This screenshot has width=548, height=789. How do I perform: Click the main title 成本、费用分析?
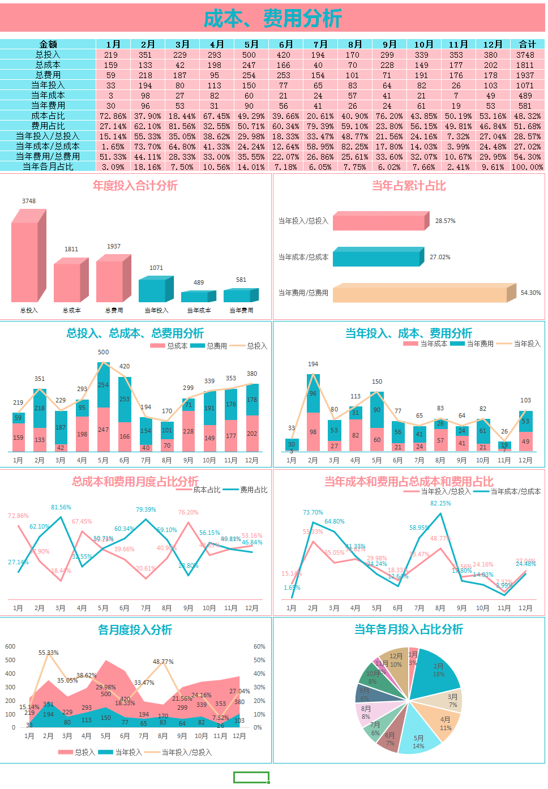click(x=273, y=19)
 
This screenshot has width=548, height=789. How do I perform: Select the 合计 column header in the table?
click(x=527, y=44)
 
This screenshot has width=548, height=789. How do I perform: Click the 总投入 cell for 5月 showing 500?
click(x=249, y=55)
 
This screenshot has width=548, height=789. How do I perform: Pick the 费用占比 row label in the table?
click(x=48, y=126)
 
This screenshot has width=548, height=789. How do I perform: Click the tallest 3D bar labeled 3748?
click(x=26, y=260)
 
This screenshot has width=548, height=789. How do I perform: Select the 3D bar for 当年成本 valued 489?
click(x=196, y=297)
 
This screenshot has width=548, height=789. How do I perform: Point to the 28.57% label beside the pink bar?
click(x=445, y=221)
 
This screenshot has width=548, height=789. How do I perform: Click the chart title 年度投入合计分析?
click(x=135, y=186)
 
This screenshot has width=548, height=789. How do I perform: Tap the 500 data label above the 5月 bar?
click(x=103, y=352)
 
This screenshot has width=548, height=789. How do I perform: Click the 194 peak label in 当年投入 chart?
click(x=313, y=364)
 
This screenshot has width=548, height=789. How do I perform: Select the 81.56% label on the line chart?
click(x=61, y=507)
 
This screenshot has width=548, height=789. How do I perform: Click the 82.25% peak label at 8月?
click(x=441, y=503)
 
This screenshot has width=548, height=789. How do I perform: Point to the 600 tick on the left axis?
click(x=10, y=646)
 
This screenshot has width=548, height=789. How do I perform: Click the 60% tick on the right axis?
click(x=259, y=646)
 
